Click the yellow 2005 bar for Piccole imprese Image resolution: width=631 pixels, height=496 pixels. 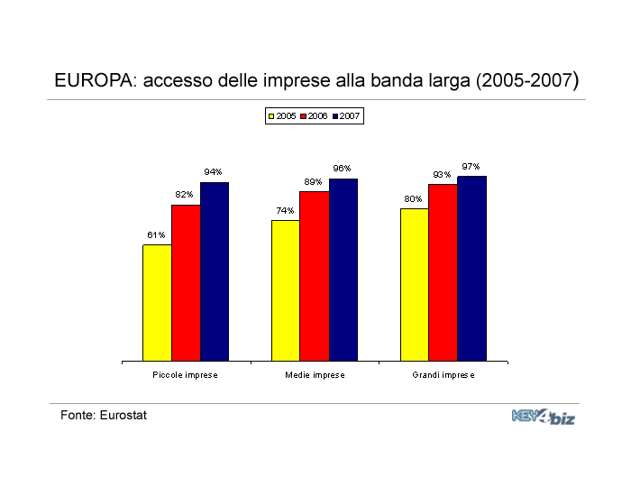(x=158, y=303)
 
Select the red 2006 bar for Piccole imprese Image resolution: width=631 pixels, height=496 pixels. (x=186, y=283)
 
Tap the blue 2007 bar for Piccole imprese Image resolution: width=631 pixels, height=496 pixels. (x=215, y=271)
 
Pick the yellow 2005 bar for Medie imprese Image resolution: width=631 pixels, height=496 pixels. (x=286, y=290)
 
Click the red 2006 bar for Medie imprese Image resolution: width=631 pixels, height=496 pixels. (x=315, y=276)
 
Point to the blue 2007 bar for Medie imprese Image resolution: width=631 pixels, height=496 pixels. (x=343, y=270)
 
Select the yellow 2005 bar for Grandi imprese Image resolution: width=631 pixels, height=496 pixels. (x=415, y=285)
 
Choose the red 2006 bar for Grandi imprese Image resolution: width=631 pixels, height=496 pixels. (x=444, y=272)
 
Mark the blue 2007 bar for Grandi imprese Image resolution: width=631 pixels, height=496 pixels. (x=472, y=269)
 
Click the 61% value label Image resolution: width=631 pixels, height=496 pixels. (x=156, y=234)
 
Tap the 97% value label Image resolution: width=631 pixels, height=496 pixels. (x=471, y=166)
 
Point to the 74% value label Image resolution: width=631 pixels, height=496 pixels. (x=285, y=210)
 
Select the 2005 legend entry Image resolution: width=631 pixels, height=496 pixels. (x=282, y=116)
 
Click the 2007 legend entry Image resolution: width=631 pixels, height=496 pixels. (x=346, y=116)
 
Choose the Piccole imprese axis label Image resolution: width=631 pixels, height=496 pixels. (x=185, y=375)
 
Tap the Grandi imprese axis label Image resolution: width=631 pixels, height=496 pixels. (x=444, y=375)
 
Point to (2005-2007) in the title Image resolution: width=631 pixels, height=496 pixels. (x=527, y=80)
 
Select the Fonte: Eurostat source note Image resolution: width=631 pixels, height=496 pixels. (x=104, y=415)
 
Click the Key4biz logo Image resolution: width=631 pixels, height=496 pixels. (x=544, y=417)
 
